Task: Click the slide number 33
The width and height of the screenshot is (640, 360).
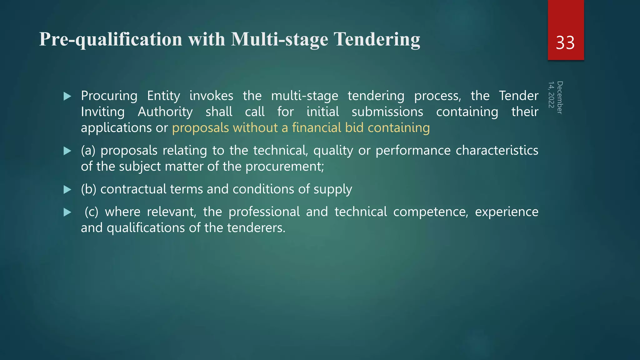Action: point(565,43)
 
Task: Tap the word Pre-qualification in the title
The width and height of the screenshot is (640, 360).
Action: point(110,40)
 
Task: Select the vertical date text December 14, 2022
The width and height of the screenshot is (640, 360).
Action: point(555,97)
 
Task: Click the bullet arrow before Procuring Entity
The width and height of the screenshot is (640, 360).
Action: point(67,96)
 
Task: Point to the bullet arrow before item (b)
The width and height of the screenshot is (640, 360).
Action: point(67,190)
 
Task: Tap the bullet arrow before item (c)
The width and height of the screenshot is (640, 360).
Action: point(67,212)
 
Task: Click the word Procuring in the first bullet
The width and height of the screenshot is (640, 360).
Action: point(109,96)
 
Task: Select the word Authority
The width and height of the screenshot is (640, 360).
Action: point(165,112)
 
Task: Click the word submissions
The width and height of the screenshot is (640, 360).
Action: point(387,112)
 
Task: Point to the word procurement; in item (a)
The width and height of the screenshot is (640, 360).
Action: point(285,167)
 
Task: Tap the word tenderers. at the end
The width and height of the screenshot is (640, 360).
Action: point(256,228)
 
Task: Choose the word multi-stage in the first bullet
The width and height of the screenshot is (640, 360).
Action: point(304,96)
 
